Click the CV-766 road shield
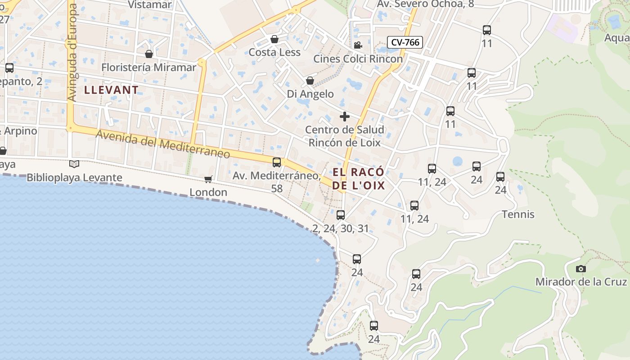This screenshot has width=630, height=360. coord(405,43)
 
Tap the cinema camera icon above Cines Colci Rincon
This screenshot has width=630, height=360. coord(358,45)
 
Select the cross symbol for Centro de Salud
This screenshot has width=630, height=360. coord(345,117)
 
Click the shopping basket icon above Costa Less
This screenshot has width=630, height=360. coord(274,39)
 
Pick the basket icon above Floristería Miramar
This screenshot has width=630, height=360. coord(149,54)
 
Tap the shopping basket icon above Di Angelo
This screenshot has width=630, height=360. coord(310,81)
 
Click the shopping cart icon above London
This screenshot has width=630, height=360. coord(208,179)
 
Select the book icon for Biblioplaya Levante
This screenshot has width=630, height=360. coord(74,164)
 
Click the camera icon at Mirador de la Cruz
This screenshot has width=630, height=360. coord(581,269)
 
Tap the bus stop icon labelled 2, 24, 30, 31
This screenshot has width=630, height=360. coord(341,215)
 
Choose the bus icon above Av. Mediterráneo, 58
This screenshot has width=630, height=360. coord(277,162)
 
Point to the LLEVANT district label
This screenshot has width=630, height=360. coord(111,90)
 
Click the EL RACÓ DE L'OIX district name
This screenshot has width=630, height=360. coord(359,179)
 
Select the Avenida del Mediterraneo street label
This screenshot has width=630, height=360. coord(163,144)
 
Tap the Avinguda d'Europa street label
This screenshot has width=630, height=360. coord(72,53)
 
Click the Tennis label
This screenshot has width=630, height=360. coord(518,214)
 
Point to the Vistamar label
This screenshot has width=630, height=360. coord(150,4)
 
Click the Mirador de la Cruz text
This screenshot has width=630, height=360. coord(581,282)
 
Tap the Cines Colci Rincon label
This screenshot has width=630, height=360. coord(358,59)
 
